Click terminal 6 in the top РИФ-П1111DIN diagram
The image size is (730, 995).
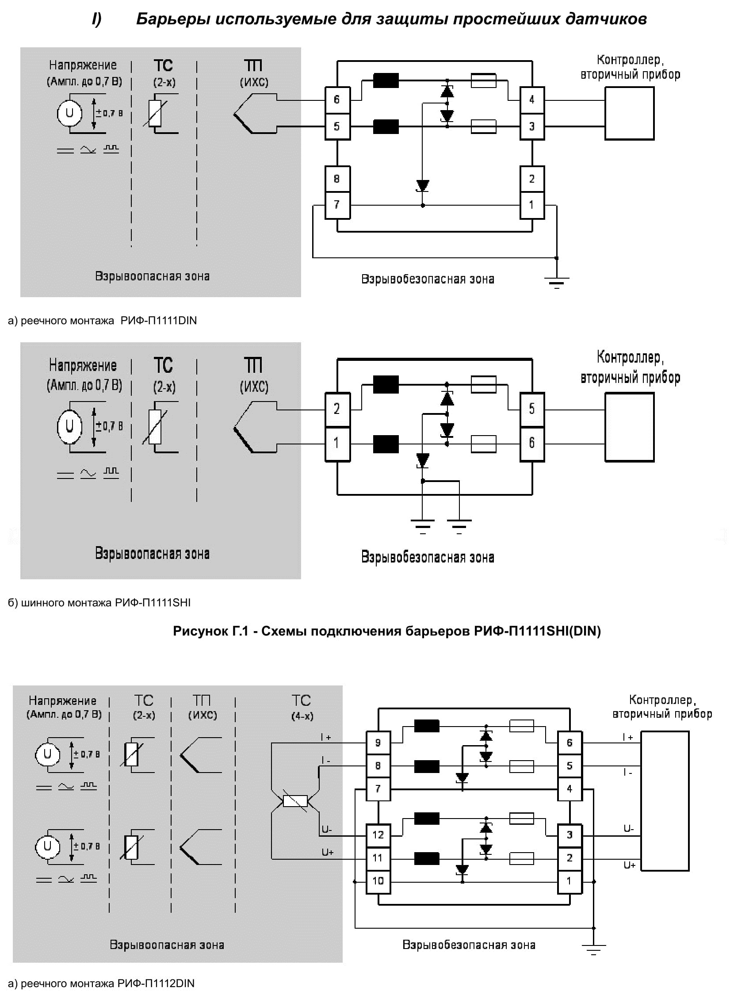pos(337,99)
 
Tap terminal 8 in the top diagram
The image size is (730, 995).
pos(337,179)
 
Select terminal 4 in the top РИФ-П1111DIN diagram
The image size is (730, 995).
pos(532,99)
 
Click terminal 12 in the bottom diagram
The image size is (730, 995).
pos(378,835)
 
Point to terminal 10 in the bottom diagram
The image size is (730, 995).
pos(378,880)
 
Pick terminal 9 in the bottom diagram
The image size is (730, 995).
pos(378,743)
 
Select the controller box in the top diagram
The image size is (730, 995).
pos(629,113)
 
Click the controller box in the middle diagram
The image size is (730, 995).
pos(629,427)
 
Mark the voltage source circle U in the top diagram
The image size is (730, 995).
pos(69,113)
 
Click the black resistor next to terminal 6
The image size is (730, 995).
pos(386,80)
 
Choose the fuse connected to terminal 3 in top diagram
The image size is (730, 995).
pos(483,126)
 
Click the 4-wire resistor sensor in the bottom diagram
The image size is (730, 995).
pos(295,801)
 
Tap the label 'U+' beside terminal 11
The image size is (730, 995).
pos(328,852)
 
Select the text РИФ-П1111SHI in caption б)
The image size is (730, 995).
pos(153,602)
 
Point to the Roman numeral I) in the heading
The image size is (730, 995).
pos(97,19)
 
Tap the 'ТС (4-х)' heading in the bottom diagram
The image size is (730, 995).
pos(302,708)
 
